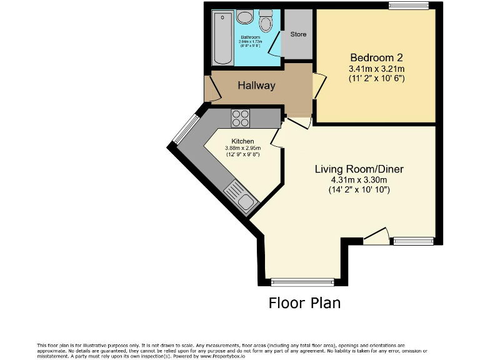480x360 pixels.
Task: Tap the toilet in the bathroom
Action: point(266,22)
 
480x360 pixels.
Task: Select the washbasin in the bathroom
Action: point(246,17)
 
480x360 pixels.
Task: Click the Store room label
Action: point(298,34)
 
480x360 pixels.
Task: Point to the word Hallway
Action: point(256,86)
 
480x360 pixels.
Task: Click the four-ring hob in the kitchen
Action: point(241,117)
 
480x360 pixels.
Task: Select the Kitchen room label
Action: point(242,141)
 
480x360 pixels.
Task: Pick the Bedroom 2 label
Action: point(376,57)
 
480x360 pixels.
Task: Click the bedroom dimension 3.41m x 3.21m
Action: point(376,68)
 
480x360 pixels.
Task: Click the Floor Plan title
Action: point(304,303)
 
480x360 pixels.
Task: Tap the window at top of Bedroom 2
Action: point(408,6)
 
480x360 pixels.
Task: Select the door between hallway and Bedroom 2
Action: point(318,85)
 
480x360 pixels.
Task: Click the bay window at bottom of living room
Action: point(302,282)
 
